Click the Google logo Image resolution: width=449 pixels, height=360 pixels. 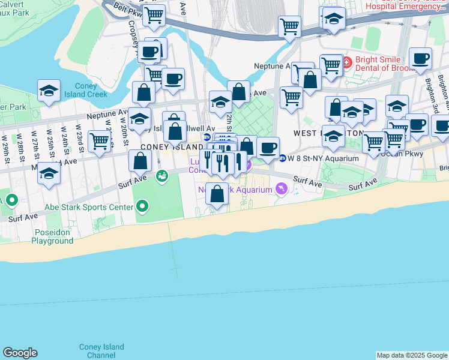(x=20, y=353)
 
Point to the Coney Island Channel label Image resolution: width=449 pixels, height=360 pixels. (x=101, y=351)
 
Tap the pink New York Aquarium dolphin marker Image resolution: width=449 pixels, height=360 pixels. (x=281, y=190)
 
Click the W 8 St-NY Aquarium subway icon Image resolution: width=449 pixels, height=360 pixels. (x=282, y=158)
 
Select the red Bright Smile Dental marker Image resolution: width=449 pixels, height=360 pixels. (x=347, y=62)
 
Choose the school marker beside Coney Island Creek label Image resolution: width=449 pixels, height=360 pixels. (x=49, y=91)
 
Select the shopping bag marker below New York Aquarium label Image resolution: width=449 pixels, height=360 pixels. (x=217, y=194)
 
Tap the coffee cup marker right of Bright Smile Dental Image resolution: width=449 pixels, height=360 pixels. (x=420, y=59)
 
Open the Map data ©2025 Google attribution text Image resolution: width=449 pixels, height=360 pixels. (x=412, y=355)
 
